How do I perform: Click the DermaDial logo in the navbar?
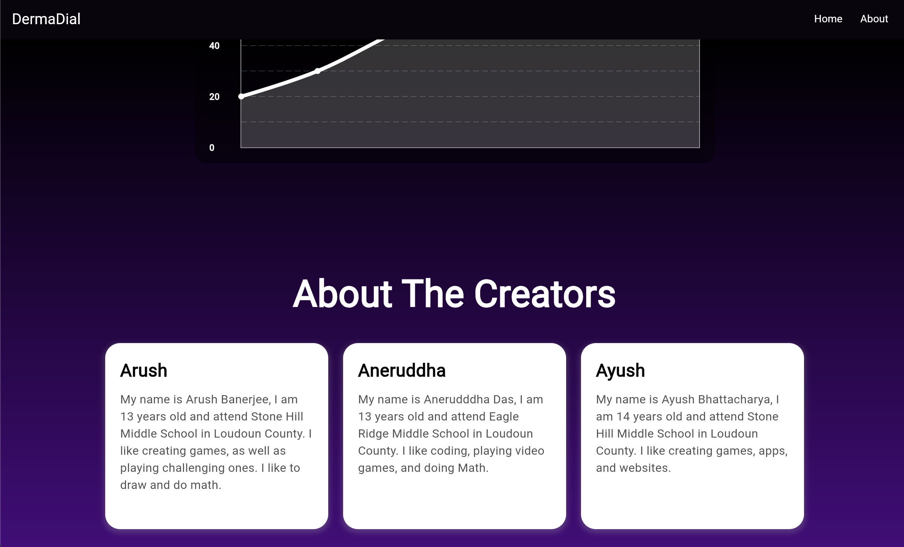click(x=46, y=19)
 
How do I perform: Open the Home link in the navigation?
click(x=828, y=19)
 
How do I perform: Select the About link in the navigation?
click(x=874, y=19)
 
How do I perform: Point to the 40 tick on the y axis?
click(x=214, y=46)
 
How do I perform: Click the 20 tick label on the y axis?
click(x=214, y=97)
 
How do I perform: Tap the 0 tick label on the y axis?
click(x=212, y=148)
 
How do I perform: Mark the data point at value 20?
click(x=241, y=97)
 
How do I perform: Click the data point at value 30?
click(x=317, y=71)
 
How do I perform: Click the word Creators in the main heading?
click(x=545, y=294)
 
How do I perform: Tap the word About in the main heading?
click(x=342, y=294)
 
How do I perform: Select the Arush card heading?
click(x=143, y=371)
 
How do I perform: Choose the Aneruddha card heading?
click(x=402, y=371)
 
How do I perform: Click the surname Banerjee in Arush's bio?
click(x=246, y=400)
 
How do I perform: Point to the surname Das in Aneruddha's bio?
click(x=505, y=400)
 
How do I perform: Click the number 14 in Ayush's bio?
click(x=623, y=417)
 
